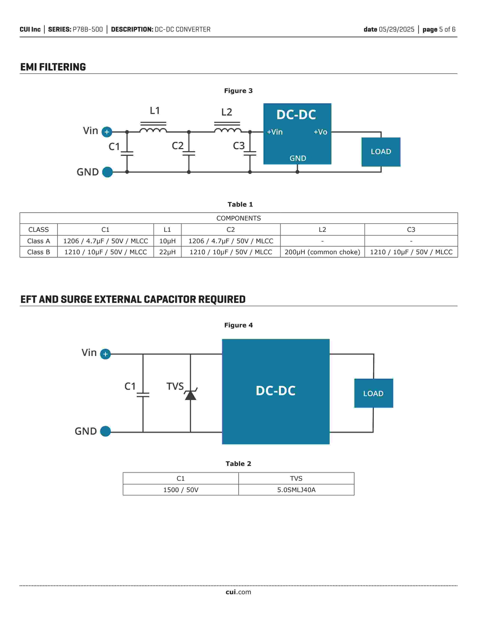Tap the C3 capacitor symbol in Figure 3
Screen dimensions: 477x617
coord(250,153)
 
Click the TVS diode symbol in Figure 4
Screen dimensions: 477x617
coord(190,394)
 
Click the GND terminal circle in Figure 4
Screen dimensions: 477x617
coord(105,431)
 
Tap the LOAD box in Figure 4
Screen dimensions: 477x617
coord(374,393)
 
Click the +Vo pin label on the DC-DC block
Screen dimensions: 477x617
coord(320,132)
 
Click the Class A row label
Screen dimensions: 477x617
coord(38,241)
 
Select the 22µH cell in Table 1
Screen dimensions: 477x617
coord(167,252)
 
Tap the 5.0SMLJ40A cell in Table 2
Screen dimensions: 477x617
coord(296,490)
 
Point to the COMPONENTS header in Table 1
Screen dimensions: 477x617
coord(239,218)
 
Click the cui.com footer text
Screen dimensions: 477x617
coord(238,592)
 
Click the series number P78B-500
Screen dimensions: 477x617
coord(88,29)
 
